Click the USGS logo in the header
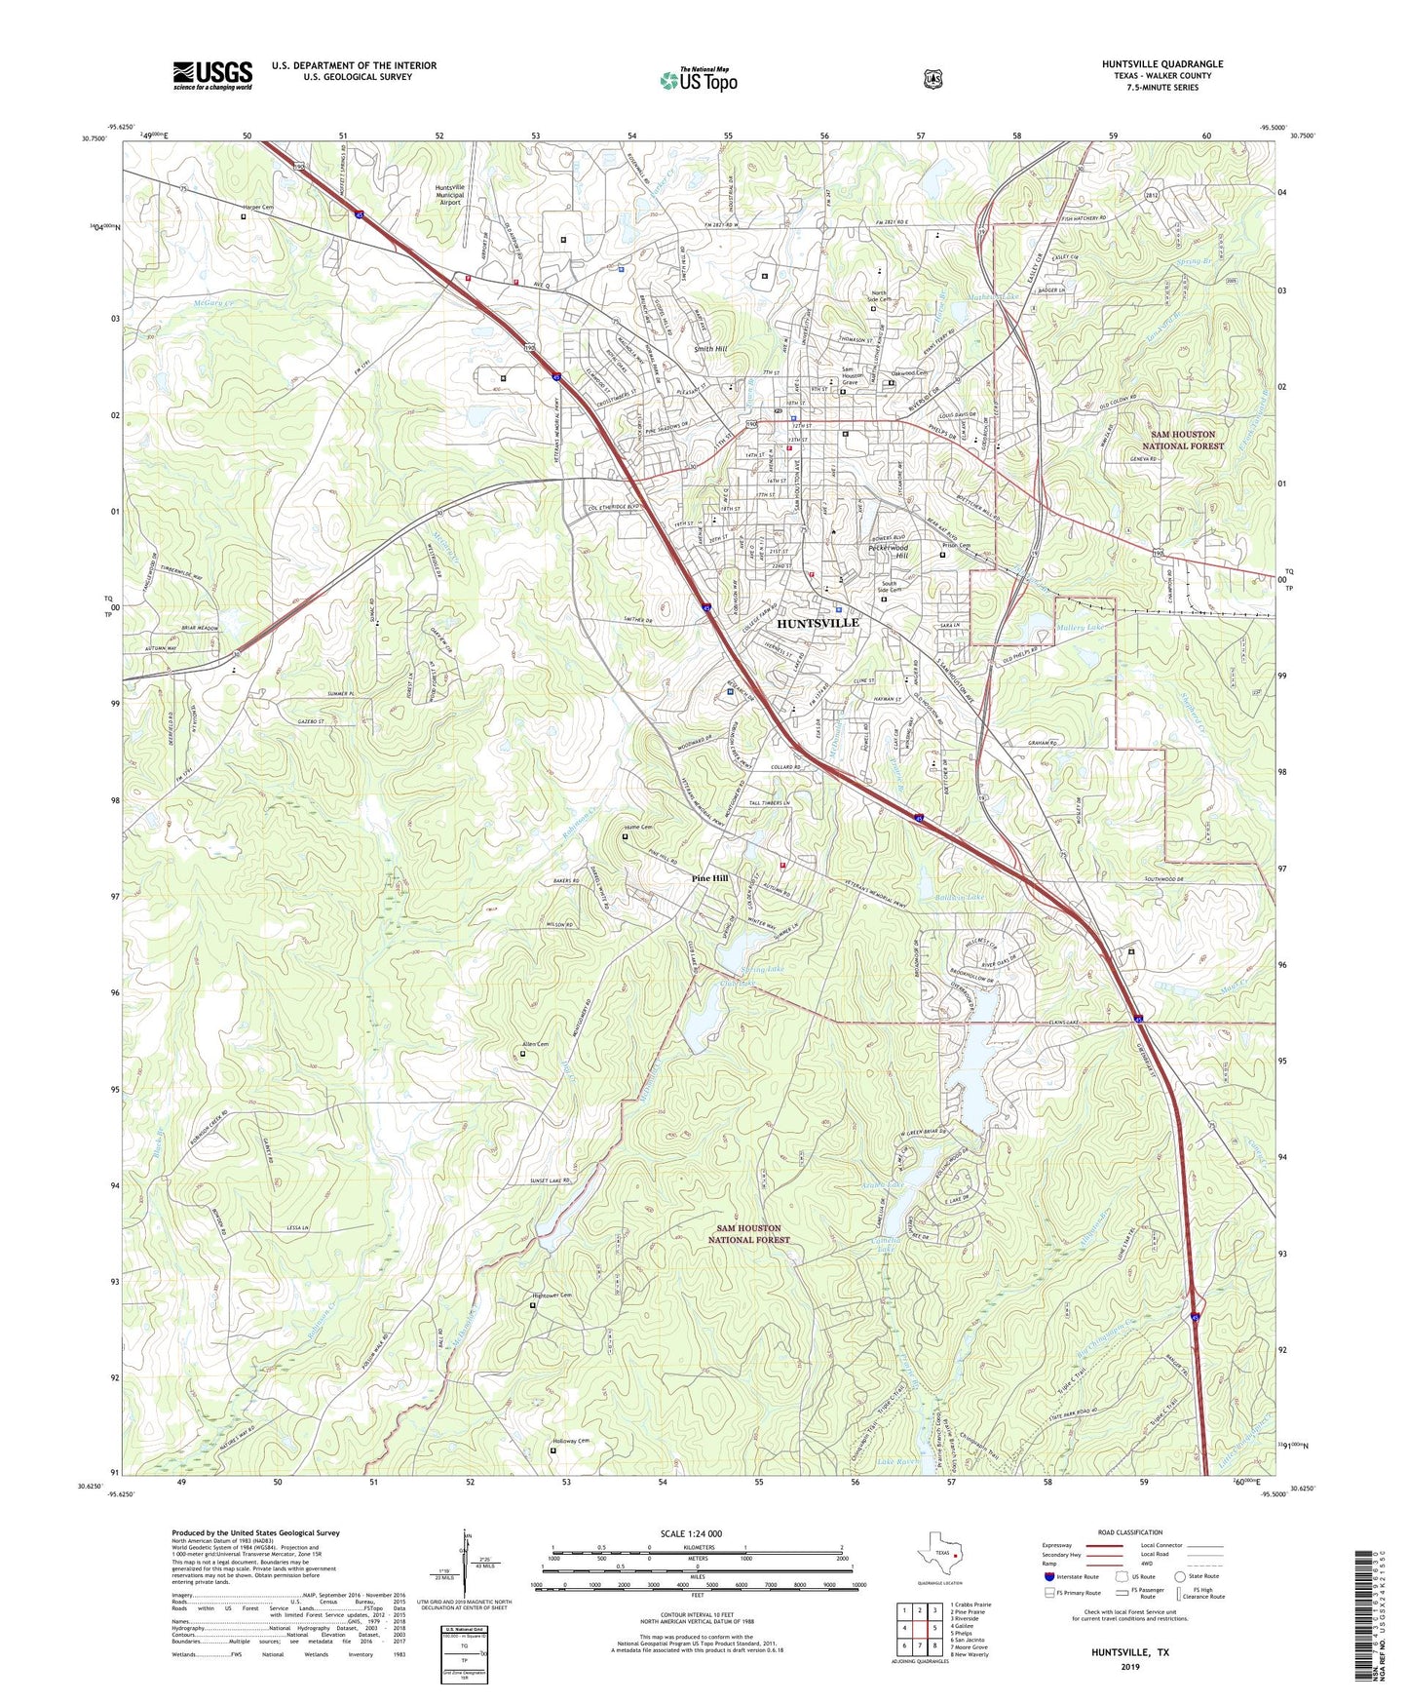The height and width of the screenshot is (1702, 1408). tap(212, 75)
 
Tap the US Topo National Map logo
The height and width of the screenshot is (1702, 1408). tap(698, 80)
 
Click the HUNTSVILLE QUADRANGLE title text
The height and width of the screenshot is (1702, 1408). tap(1161, 64)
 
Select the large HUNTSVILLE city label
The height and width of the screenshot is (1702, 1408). tap(818, 622)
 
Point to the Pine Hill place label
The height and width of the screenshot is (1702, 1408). tap(709, 878)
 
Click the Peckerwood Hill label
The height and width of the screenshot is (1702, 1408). tap(888, 552)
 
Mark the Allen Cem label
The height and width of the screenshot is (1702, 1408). tap(536, 1044)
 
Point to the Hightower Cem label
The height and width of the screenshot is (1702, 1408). tap(551, 1295)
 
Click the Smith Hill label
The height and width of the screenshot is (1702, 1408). tap(710, 348)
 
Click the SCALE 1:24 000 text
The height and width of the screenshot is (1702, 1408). tap(691, 1533)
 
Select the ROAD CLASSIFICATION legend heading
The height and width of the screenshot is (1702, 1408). tap(1129, 1532)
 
